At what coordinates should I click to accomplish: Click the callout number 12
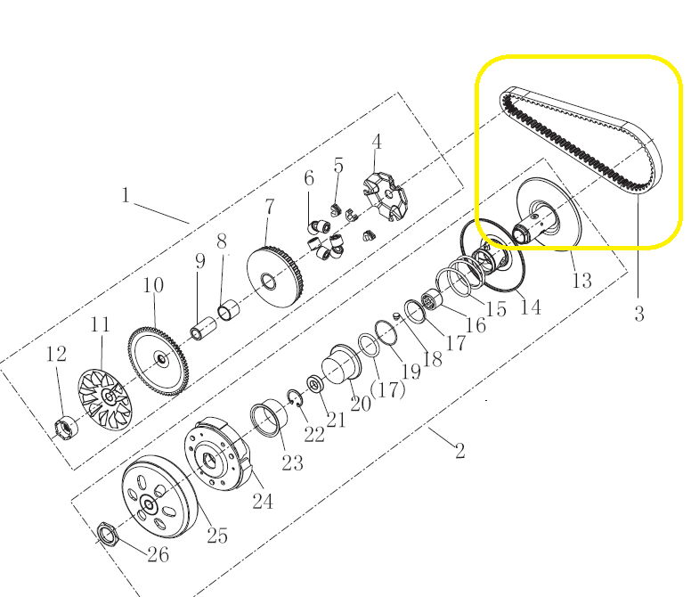56,354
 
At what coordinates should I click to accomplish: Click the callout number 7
269,209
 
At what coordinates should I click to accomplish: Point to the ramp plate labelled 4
385,198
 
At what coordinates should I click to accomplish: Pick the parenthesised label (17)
388,389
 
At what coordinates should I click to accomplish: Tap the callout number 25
217,536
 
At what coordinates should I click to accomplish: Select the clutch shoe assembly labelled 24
216,454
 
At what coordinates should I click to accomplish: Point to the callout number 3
639,314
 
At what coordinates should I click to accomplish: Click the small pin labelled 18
395,315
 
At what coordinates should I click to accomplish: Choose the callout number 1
126,195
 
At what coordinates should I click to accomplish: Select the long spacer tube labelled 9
203,328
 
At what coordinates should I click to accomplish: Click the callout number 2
460,451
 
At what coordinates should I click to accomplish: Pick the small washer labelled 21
315,384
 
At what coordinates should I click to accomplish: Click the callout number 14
531,307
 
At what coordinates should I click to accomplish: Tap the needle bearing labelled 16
432,300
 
